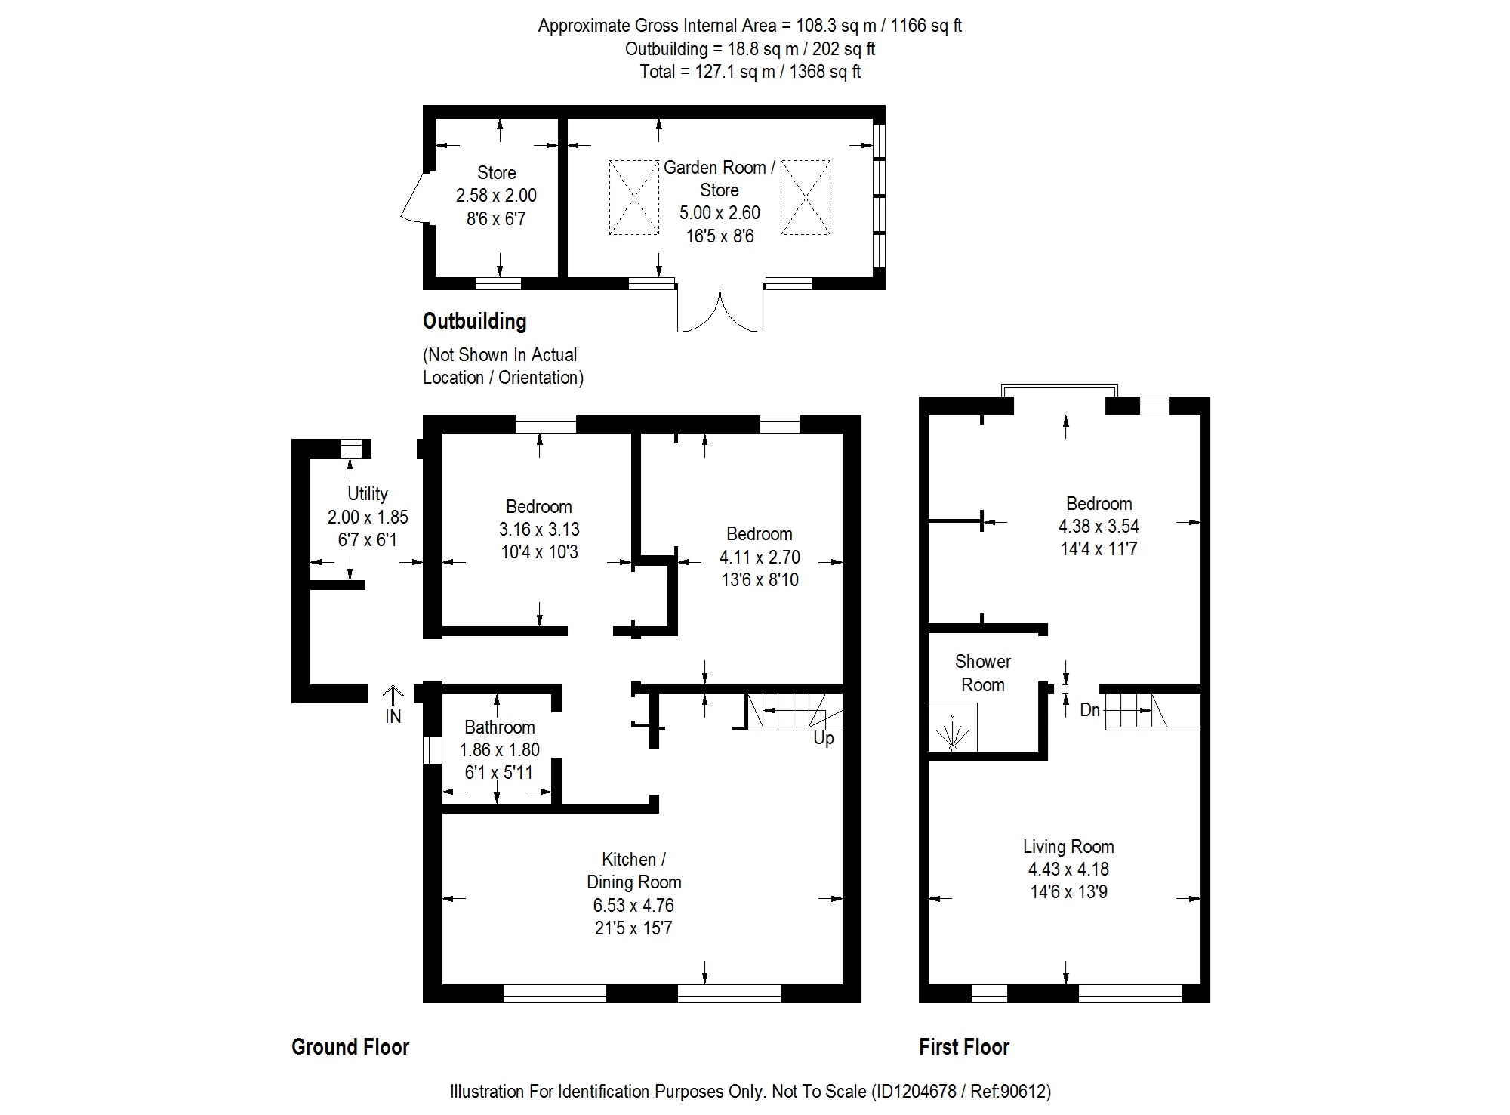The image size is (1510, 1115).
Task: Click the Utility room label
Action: point(368,494)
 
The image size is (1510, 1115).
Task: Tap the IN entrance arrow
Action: point(393,695)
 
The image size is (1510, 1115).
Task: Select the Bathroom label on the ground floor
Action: point(500,727)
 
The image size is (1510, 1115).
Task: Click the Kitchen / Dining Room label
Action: point(634,871)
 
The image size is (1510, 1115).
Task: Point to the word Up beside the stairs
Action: point(824,738)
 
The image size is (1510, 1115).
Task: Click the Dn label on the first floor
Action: point(1089,709)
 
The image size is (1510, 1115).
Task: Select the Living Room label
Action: point(1068,847)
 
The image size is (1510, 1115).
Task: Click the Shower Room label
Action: point(983,673)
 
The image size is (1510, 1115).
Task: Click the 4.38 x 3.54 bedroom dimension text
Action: point(1099,527)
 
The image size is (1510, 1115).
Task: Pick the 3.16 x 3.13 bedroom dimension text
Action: point(539,530)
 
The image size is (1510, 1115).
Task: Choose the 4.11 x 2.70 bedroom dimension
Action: point(760,557)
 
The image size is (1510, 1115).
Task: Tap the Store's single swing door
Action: point(414,197)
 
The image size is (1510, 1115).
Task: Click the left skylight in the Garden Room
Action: point(634,197)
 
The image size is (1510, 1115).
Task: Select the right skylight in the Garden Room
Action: point(806,197)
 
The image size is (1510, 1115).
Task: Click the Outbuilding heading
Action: point(474,322)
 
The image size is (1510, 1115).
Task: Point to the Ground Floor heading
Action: point(350,1047)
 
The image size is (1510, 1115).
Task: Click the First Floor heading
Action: point(964,1047)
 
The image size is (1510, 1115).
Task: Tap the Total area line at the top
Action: point(750,72)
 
